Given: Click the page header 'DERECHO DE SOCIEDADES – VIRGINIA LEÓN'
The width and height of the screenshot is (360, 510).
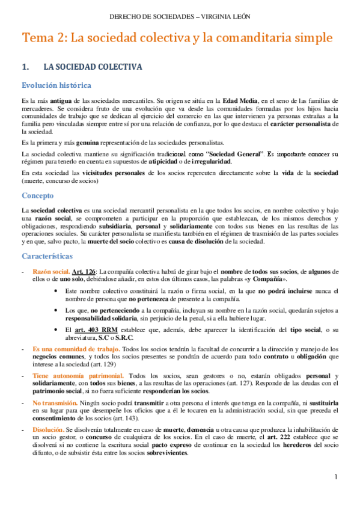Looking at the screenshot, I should [x=180, y=16].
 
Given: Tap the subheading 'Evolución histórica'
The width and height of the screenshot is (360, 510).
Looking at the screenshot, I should [x=56, y=85].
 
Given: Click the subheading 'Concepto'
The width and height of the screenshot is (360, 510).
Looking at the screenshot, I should [x=38, y=179].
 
